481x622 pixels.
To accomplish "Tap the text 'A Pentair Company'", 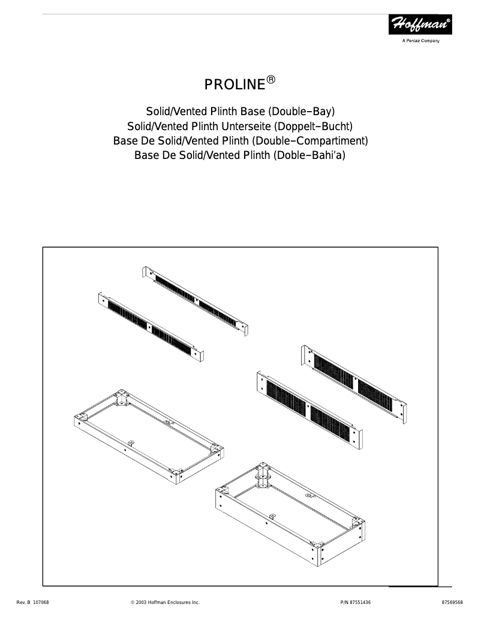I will pyautogui.click(x=420, y=41).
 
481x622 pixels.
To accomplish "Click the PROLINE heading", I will pyautogui.click(x=235, y=85).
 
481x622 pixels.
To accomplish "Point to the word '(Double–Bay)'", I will pyautogui.click(x=304, y=112).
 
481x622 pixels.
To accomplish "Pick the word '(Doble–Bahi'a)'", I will pyautogui.click(x=309, y=156).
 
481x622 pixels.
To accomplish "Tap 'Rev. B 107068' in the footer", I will pyautogui.click(x=32, y=602).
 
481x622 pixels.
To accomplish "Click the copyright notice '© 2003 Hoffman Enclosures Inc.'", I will pyautogui.click(x=165, y=602).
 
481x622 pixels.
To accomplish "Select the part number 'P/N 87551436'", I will pyautogui.click(x=351, y=602).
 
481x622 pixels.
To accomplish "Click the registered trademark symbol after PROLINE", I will pyautogui.click(x=271, y=80).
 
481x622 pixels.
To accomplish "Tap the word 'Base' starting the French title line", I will pyautogui.click(x=126, y=141).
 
